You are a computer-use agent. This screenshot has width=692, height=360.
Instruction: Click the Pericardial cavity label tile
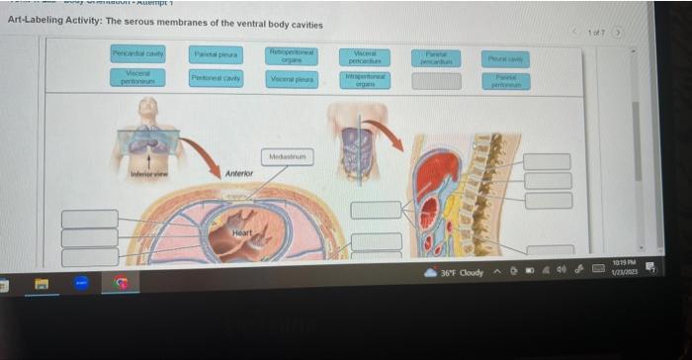click(x=138, y=53)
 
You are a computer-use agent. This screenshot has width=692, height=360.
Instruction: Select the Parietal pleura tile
click(x=215, y=54)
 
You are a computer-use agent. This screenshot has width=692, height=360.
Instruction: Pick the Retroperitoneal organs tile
click(x=292, y=54)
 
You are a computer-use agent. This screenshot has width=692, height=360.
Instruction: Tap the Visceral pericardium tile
click(x=364, y=54)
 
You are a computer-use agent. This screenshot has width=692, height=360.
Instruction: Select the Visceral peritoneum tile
click(x=138, y=76)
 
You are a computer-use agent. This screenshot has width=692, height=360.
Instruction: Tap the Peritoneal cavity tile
click(x=215, y=78)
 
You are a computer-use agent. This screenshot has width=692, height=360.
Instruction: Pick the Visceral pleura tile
click(x=292, y=79)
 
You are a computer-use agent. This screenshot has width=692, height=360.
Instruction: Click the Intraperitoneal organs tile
click(x=364, y=79)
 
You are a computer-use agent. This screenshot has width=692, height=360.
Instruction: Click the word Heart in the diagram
click(x=242, y=232)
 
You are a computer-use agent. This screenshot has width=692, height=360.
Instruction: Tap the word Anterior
click(x=239, y=173)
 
